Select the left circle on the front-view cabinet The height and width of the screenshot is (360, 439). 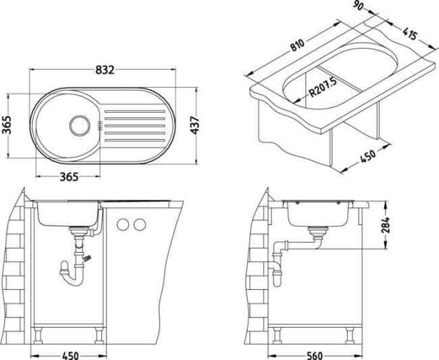[124, 224]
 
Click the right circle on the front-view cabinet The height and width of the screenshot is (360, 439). [140, 224]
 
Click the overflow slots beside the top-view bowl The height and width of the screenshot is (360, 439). [100, 125]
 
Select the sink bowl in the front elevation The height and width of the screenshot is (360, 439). [67, 214]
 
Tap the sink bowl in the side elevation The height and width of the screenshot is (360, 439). [317, 214]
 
